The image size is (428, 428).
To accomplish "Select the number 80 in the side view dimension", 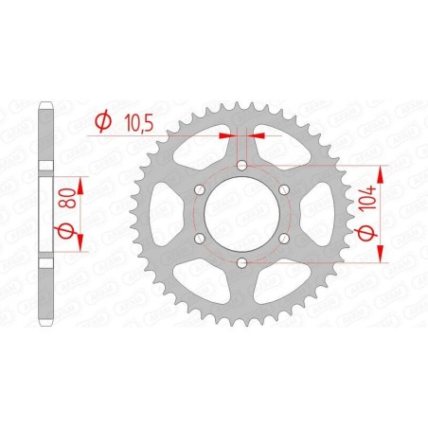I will (x=67, y=195).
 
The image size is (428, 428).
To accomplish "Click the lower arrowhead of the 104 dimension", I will (x=380, y=254).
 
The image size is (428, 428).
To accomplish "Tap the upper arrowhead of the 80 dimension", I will (x=78, y=183).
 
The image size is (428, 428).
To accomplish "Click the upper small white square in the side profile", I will (x=44, y=166).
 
